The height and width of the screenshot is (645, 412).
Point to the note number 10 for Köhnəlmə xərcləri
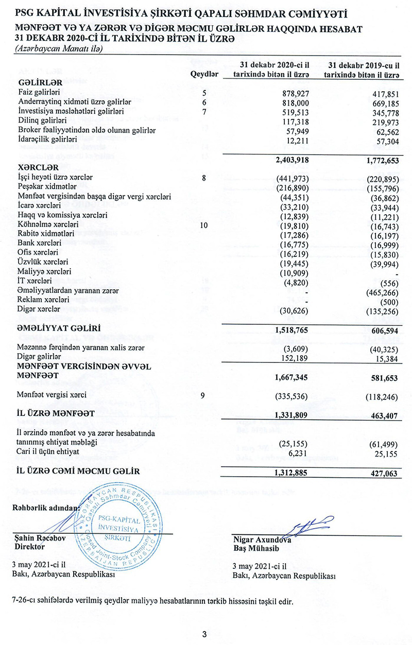[x=204, y=224]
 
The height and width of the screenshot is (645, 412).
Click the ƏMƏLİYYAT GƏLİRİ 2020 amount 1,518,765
[x=286, y=327]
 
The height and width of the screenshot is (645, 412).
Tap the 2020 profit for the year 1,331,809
[x=286, y=414]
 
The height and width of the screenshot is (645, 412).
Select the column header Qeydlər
[x=204, y=74]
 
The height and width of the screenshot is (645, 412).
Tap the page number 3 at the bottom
[x=204, y=634]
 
